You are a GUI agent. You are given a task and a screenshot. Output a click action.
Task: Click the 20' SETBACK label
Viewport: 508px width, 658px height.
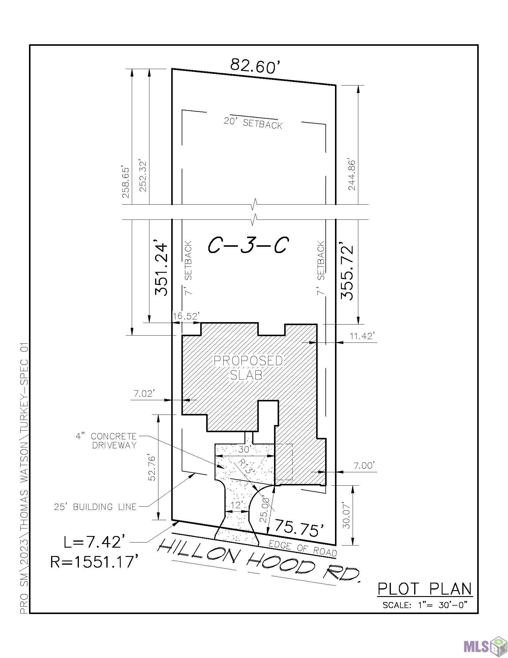(x=253, y=123)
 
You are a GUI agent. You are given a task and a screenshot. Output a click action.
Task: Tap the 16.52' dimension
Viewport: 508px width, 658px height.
(x=186, y=316)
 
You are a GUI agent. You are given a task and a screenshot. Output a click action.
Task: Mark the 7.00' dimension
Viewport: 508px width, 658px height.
(x=365, y=465)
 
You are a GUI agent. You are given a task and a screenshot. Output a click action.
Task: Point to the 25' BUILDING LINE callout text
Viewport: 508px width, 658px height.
(x=95, y=507)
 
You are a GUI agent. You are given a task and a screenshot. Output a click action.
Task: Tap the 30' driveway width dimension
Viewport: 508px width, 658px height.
(x=244, y=450)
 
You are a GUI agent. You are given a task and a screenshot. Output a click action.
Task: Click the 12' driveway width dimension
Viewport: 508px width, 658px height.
(x=236, y=505)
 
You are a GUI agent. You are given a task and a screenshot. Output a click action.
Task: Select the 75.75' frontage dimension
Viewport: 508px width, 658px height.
(x=300, y=528)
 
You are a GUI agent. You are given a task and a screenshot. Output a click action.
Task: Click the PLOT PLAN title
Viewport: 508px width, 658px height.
(x=425, y=589)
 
